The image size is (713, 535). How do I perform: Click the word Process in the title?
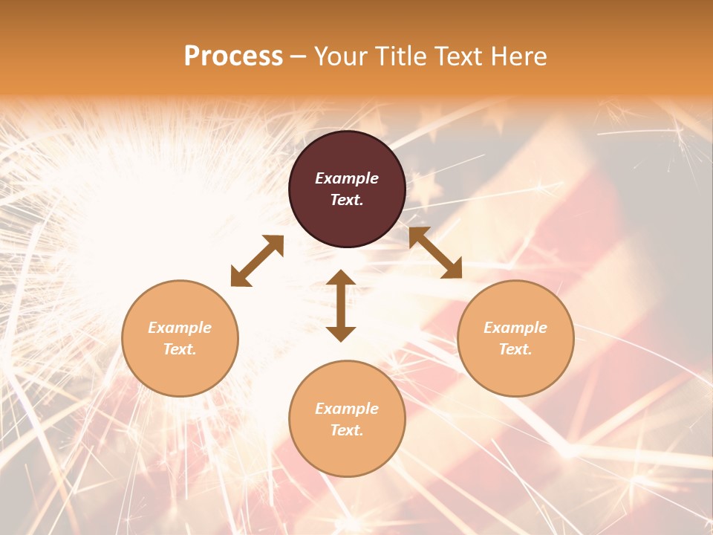[233, 56]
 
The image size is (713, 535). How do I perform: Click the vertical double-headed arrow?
[341, 305]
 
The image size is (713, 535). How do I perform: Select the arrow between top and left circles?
[257, 261]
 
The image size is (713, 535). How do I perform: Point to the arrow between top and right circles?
[435, 253]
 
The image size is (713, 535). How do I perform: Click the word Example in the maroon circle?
[347, 178]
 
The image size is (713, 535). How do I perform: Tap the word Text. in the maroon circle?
[347, 200]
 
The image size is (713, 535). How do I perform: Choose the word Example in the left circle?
[180, 328]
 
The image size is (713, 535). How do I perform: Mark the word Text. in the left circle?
[180, 349]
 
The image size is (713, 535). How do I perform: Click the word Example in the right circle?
[515, 328]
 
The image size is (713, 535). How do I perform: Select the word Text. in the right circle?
[515, 349]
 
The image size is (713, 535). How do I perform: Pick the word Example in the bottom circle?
[347, 409]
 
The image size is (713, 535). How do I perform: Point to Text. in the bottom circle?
[347, 430]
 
